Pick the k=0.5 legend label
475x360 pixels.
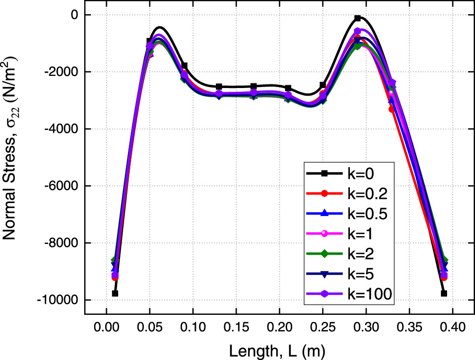click(349, 214)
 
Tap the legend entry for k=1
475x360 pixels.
click(349, 234)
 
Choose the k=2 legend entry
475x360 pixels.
click(349, 254)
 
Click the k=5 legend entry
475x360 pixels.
click(349, 274)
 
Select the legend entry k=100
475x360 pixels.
click(349, 294)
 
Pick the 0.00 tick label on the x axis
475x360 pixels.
click(106, 328)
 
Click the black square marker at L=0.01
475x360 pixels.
click(115, 293)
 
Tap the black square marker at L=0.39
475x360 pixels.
click(444, 293)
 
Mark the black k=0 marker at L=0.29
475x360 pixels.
click(357, 18)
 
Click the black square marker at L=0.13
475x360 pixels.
click(219, 87)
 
